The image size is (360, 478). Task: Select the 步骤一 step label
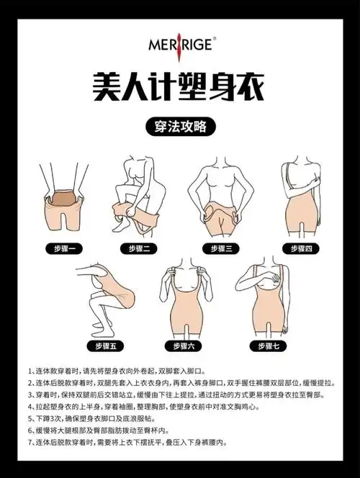tap(63, 248)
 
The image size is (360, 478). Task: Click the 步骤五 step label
tap(101, 346)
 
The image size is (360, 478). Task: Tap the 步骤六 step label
tap(180, 346)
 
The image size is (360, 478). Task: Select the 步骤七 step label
tap(262, 346)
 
